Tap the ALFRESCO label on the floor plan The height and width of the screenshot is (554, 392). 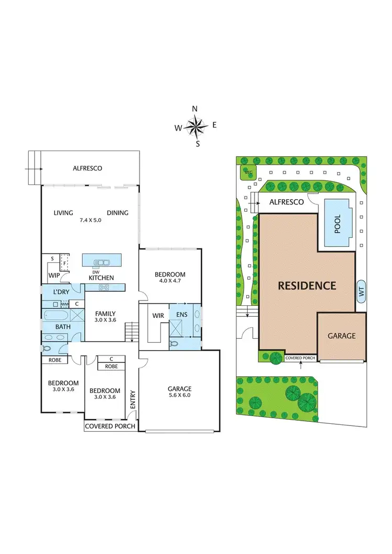pyautogui.click(x=87, y=168)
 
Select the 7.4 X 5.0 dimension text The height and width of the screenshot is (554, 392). pyautogui.click(x=90, y=220)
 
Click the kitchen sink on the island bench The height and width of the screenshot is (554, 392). pyautogui.click(x=102, y=263)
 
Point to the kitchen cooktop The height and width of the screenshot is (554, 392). pyautogui.click(x=103, y=287)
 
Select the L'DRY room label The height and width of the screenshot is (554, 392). pyautogui.click(x=62, y=291)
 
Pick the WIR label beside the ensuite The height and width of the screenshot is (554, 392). pyautogui.click(x=158, y=316)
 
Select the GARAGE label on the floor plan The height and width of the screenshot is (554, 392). pyautogui.click(x=179, y=388)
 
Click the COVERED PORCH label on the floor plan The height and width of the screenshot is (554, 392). pyautogui.click(x=110, y=426)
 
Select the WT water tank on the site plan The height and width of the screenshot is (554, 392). pyautogui.click(x=361, y=291)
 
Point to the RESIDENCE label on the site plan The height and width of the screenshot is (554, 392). pyautogui.click(x=307, y=286)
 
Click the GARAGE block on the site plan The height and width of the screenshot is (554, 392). pyautogui.click(x=341, y=336)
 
